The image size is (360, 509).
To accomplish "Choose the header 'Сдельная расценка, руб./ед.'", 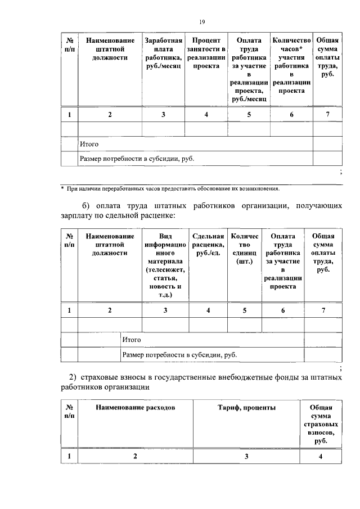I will [208, 245].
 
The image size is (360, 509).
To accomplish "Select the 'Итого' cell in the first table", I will [89, 144].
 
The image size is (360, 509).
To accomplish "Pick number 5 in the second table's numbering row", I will [245, 310].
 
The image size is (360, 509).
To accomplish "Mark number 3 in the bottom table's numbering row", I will [246, 456].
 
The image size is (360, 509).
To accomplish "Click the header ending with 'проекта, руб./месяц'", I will [249, 69].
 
